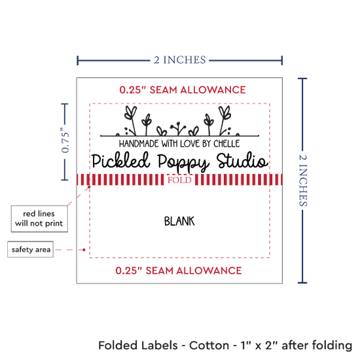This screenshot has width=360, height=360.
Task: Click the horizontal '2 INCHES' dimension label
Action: pyautogui.click(x=180, y=60)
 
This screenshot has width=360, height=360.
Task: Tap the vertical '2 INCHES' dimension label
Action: pyautogui.click(x=303, y=180)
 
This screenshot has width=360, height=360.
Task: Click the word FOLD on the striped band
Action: pyautogui.click(x=179, y=180)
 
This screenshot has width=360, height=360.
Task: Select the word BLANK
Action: pyautogui.click(x=179, y=221)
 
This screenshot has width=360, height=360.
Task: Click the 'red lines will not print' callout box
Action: pyautogui.click(x=39, y=219)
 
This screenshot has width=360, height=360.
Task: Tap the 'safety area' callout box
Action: pyautogui.click(x=31, y=249)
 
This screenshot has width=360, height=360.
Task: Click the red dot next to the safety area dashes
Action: pyautogui.click(x=84, y=249)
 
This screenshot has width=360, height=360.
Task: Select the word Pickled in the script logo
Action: pyautogui.click(x=120, y=160)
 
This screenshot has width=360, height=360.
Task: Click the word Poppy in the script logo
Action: pyautogui.click(x=183, y=162)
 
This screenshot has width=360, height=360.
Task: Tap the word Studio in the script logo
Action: pyautogui.click(x=242, y=160)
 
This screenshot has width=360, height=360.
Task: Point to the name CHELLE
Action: pyautogui.click(x=226, y=144)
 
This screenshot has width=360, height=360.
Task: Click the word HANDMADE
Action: pyautogui.click(x=139, y=144)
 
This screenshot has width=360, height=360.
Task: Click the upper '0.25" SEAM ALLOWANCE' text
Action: pyautogui.click(x=183, y=90)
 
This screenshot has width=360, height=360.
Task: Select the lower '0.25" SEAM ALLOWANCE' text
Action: pyautogui.click(x=179, y=271)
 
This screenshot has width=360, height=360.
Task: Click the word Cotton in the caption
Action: pyautogui.click(x=209, y=346)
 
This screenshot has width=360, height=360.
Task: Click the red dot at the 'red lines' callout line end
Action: pyautogui.click(x=89, y=187)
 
